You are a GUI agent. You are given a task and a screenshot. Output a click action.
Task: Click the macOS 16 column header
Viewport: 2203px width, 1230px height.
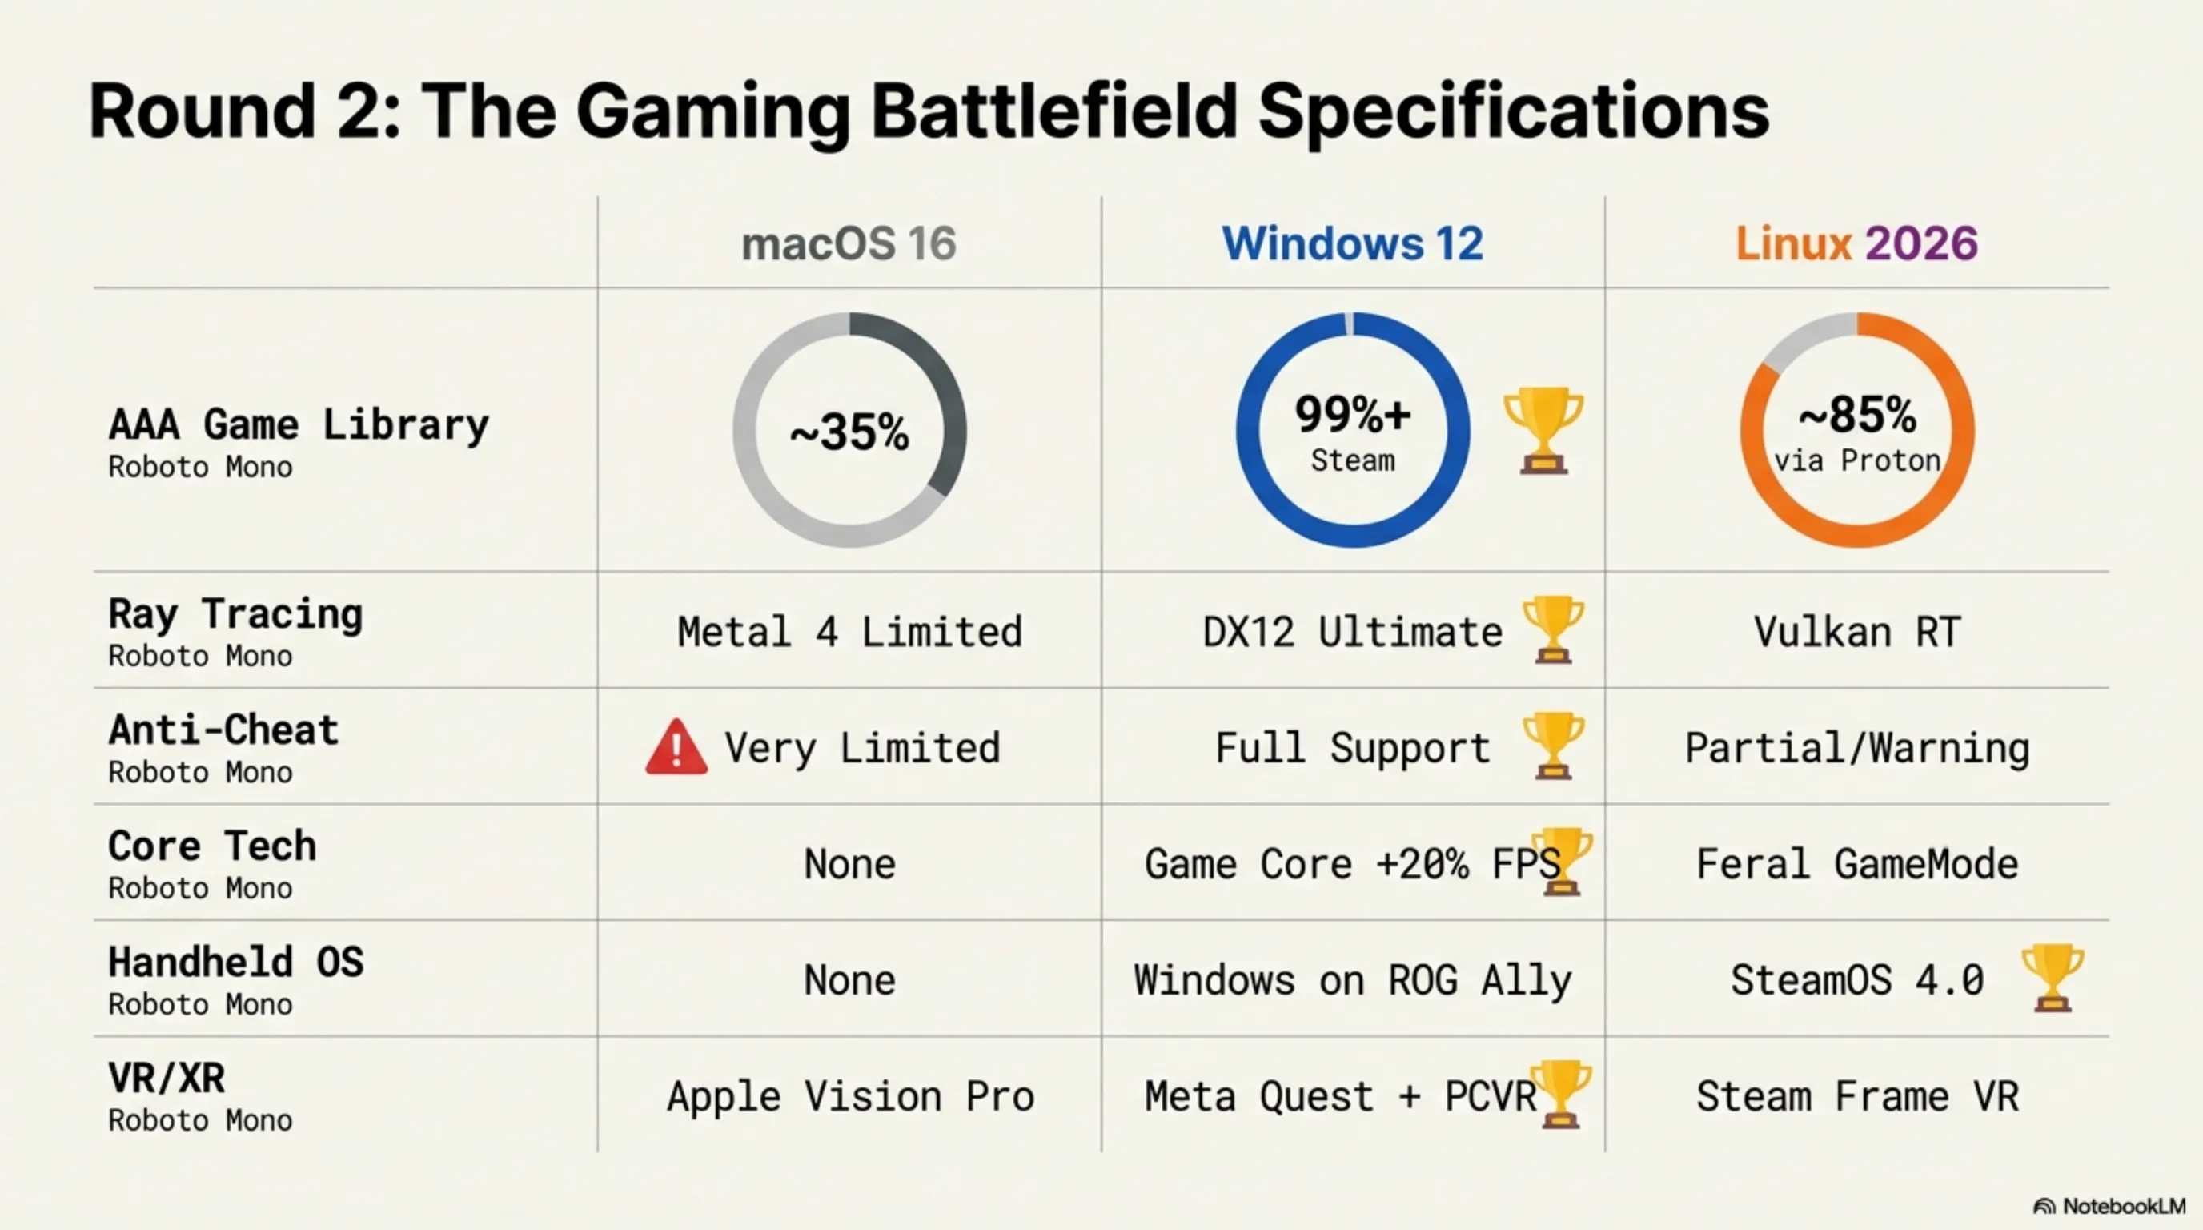[x=849, y=243]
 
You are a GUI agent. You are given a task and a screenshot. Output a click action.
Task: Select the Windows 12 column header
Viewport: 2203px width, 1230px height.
[x=1352, y=243]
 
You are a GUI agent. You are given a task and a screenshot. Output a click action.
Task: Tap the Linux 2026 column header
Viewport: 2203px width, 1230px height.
[x=1856, y=243]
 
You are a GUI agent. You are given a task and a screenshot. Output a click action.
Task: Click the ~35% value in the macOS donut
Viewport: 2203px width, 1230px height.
[x=849, y=432]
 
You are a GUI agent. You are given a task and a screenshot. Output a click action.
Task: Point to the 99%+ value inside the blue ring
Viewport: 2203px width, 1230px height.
[x=1352, y=415]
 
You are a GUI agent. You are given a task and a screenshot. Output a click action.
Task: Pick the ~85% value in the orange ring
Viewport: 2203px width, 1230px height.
[x=1856, y=416]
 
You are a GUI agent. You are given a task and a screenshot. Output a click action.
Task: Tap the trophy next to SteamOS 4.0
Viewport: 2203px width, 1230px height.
[x=2052, y=978]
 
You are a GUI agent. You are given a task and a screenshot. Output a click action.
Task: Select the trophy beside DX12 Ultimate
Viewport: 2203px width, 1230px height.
[x=1552, y=629]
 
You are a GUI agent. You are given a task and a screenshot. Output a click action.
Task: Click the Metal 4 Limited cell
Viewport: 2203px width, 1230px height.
[x=849, y=632]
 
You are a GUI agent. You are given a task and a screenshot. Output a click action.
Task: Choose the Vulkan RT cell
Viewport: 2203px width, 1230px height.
[x=1856, y=632]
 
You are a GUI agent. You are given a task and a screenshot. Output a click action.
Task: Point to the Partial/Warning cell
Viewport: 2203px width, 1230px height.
[x=1856, y=749]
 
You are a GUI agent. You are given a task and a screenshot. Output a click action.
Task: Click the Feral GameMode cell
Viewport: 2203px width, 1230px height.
[x=1856, y=864]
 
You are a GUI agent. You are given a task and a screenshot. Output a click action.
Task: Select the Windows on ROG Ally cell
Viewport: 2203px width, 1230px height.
[x=1352, y=980]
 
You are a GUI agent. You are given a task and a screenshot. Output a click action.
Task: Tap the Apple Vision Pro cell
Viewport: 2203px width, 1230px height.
[x=850, y=1096]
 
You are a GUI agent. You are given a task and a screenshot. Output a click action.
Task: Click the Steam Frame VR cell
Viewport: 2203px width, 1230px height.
[x=1856, y=1096]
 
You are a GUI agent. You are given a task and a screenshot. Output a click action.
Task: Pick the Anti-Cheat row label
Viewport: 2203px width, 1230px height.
[x=223, y=730]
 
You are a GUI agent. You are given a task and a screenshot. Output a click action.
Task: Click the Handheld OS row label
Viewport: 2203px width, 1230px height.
[x=235, y=963]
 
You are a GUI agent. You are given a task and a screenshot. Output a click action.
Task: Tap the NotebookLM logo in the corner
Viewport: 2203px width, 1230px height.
[x=2109, y=1206]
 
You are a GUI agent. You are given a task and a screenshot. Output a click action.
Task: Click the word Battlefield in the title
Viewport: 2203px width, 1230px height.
[x=1053, y=111]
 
